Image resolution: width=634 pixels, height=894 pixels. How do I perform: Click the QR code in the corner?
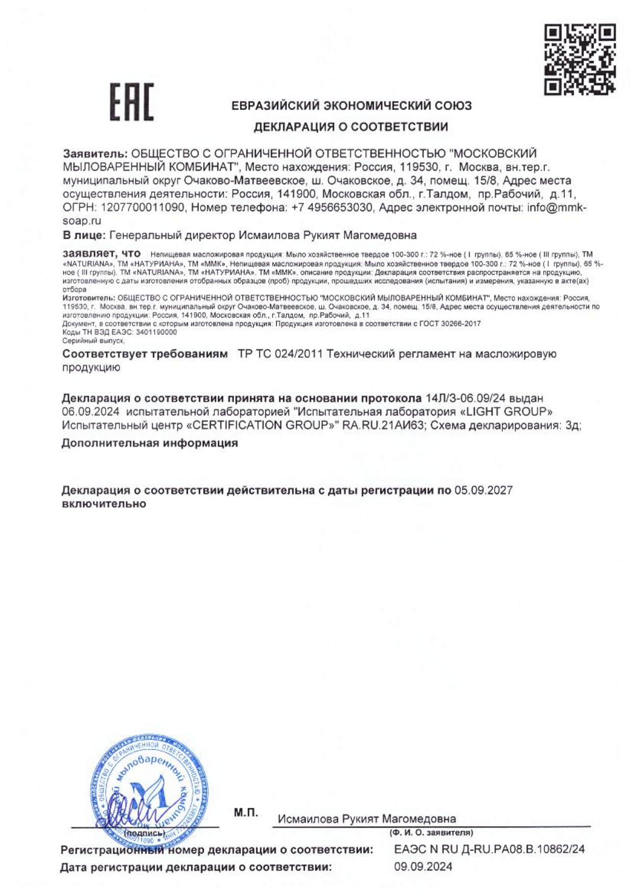click(x=580, y=59)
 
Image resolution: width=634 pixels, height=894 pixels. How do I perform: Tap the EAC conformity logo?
click(x=132, y=103)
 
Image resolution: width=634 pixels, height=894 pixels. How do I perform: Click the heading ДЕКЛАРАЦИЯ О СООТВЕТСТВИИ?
click(x=351, y=127)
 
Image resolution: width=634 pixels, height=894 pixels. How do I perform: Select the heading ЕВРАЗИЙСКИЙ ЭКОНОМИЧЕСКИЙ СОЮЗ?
click(x=352, y=106)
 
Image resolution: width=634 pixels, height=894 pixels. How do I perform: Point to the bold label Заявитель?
click(x=95, y=154)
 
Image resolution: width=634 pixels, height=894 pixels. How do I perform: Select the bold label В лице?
click(x=84, y=236)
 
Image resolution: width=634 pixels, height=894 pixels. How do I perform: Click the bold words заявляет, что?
click(x=101, y=253)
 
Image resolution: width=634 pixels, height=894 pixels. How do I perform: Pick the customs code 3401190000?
click(x=157, y=332)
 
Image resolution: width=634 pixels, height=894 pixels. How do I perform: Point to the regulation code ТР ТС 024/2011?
click(x=280, y=354)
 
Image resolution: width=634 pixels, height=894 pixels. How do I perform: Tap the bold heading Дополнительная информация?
click(x=150, y=443)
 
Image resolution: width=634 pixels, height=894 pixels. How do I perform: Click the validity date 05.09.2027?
click(x=483, y=491)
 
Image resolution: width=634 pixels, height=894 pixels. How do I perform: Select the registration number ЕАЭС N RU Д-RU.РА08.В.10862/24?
click(x=490, y=850)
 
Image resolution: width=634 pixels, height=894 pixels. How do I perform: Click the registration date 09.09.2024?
click(x=423, y=867)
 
